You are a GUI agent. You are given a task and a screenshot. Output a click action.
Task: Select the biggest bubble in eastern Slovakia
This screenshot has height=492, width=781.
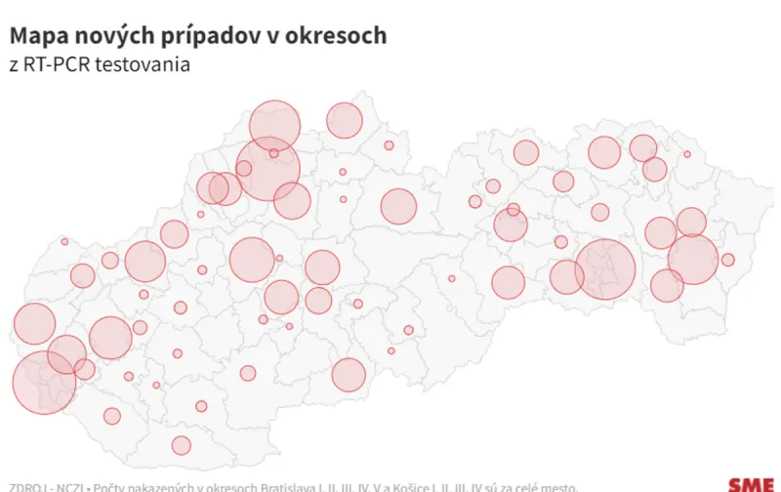[605, 268]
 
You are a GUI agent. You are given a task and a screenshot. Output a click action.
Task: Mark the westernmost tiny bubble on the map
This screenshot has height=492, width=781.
[64, 241]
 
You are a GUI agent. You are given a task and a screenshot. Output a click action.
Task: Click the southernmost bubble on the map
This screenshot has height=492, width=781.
[181, 445]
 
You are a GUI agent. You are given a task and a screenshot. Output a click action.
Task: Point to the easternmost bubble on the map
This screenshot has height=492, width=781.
[727, 260]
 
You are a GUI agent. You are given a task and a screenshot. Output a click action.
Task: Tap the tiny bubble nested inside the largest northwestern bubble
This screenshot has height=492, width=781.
[273, 153]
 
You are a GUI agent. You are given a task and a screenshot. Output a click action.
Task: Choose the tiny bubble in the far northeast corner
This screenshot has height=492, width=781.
[687, 154]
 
